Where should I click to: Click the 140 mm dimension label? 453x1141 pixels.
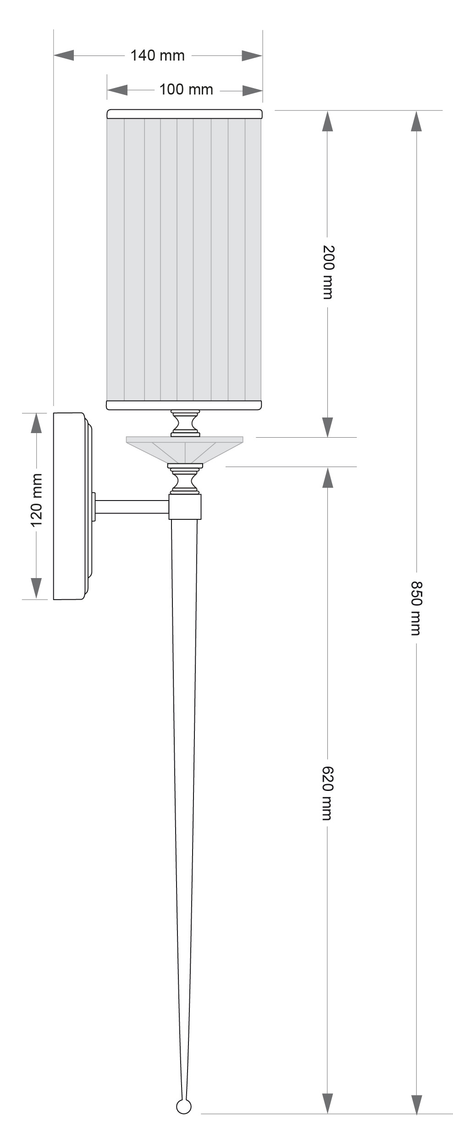point(157,56)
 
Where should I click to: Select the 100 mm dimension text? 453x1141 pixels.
point(186,89)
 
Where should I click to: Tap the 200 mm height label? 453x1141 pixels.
point(328,272)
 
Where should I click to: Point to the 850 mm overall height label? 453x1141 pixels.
point(416,608)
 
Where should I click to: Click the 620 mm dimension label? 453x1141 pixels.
point(327,793)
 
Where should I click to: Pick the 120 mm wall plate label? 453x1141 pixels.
point(36,500)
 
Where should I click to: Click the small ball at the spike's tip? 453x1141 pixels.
point(184,1107)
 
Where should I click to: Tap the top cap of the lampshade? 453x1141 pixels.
point(184,114)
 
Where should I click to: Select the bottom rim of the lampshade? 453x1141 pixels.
point(184,405)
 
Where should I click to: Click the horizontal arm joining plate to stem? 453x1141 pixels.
point(132,506)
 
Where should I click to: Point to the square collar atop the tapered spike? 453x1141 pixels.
point(185,506)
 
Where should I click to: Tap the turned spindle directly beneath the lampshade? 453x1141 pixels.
point(185,423)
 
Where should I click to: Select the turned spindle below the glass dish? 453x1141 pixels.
point(185,479)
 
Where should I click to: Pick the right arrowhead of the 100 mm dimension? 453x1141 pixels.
point(252,90)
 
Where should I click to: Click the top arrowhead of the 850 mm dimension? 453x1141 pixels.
point(416,121)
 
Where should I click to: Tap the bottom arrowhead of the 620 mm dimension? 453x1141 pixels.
point(327,1102)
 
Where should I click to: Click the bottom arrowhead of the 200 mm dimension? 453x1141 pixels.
point(327,427)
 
